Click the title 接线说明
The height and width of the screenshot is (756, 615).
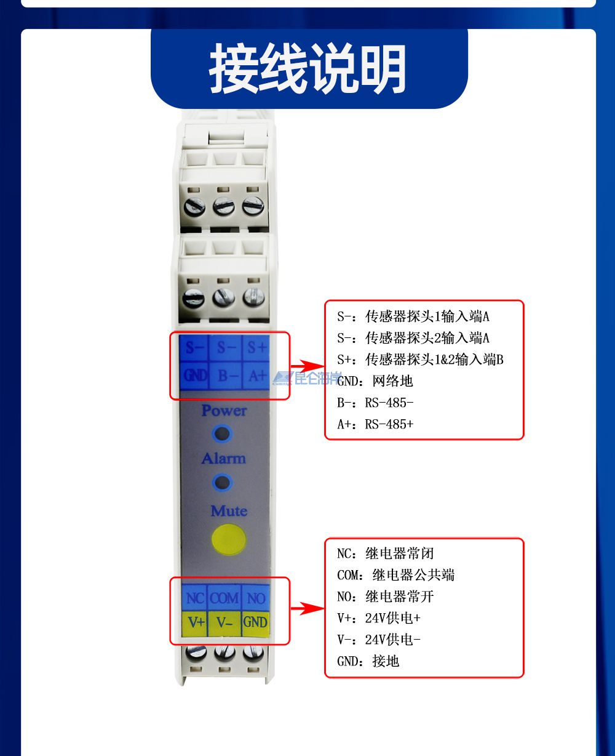[x=308, y=69]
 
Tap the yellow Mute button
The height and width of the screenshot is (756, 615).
[x=228, y=539]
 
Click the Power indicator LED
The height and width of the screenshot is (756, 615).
[x=223, y=433]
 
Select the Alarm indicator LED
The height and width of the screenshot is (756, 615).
[x=223, y=481]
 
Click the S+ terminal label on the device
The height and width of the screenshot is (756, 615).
[x=256, y=348]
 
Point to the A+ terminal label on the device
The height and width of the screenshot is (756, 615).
[x=256, y=374]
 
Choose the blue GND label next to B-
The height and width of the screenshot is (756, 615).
[x=196, y=374]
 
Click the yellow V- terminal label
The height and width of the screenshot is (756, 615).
[x=224, y=622]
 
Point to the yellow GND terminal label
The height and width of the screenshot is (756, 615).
[x=255, y=622]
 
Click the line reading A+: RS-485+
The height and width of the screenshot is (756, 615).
[x=375, y=424]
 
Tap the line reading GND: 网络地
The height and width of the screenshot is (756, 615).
[x=375, y=381]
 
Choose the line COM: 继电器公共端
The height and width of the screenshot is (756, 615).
[x=396, y=575]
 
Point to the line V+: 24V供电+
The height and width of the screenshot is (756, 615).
[x=379, y=618]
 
